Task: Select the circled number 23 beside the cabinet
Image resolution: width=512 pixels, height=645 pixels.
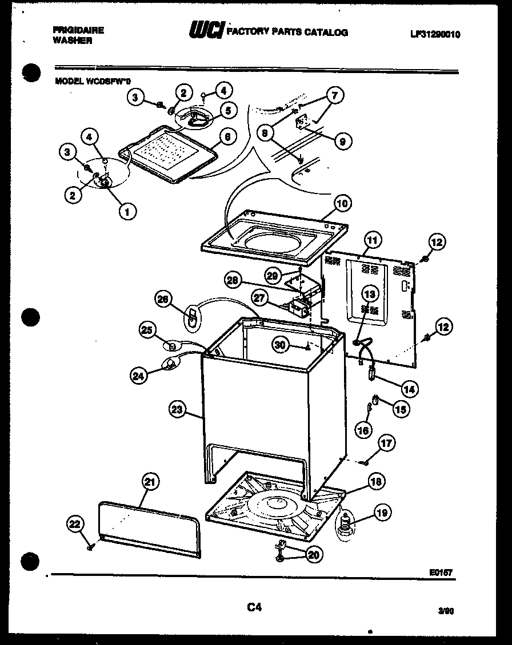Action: (x=178, y=409)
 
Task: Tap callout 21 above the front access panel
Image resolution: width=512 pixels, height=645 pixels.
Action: (x=149, y=482)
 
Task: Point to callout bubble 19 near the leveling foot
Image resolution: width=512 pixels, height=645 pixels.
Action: (x=382, y=513)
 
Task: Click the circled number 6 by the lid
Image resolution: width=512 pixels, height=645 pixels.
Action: (x=227, y=137)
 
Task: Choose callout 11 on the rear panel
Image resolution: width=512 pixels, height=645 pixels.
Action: (x=372, y=241)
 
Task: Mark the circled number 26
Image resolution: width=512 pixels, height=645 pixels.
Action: (x=164, y=299)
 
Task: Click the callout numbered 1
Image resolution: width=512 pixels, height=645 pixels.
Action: (x=126, y=212)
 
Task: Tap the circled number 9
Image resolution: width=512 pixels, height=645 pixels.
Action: (x=342, y=141)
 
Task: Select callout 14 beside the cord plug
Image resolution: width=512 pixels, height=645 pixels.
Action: (x=409, y=389)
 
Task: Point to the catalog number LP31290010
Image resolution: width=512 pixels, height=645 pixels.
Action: (x=434, y=34)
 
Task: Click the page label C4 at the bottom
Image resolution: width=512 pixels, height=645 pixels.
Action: (x=254, y=608)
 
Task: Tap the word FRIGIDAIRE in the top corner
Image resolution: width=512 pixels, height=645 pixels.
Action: (x=78, y=30)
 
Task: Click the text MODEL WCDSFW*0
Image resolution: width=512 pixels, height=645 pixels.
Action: (x=92, y=81)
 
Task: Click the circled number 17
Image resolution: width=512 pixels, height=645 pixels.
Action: (x=387, y=443)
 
